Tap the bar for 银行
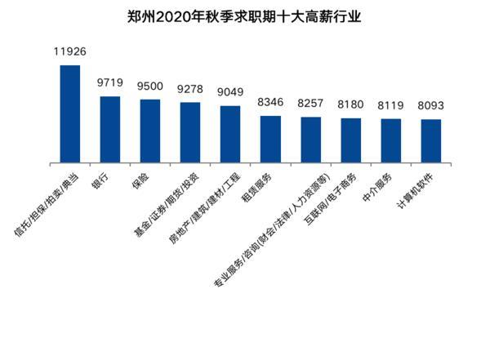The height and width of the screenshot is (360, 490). click(x=110, y=128)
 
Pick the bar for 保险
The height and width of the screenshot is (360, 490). click(x=150, y=130)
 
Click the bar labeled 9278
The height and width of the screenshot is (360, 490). click(x=190, y=131)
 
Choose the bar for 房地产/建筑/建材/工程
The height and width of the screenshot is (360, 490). click(x=230, y=133)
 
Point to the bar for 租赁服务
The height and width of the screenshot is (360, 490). click(x=270, y=138)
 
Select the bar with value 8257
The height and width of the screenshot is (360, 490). click(x=311, y=139)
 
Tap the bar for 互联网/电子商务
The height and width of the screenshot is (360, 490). click(x=351, y=140)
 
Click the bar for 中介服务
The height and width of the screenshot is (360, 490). click(x=391, y=140)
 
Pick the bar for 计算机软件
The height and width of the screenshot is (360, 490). click(x=431, y=140)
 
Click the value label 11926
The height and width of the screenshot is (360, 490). click(x=70, y=52)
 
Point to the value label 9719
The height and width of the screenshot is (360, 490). click(x=110, y=83)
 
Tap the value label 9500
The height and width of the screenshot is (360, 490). click(x=150, y=87)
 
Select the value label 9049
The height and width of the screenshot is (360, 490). click(x=230, y=93)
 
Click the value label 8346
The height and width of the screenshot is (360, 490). click(x=270, y=103)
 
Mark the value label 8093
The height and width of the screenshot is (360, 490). click(x=431, y=106)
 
